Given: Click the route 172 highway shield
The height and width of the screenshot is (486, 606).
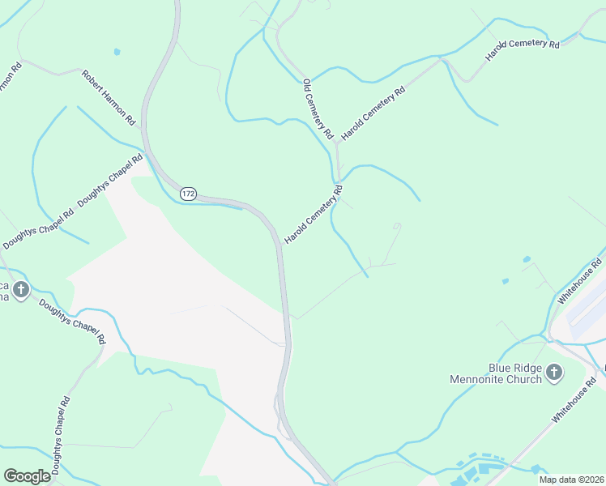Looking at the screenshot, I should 188,194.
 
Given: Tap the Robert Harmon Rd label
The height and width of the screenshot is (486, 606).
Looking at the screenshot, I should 108,97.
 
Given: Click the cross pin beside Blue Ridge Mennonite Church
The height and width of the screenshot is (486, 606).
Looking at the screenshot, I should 554,373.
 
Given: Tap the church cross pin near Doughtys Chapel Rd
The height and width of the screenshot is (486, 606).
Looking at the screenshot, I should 21,289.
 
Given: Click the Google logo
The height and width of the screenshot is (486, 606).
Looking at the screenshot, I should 27,475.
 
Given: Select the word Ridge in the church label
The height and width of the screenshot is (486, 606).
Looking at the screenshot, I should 511,367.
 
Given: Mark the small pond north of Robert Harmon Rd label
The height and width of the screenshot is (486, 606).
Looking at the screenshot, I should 117,52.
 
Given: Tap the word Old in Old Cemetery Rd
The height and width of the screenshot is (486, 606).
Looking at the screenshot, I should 306,85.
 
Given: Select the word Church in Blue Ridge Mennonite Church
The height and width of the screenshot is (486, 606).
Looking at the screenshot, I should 523,379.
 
